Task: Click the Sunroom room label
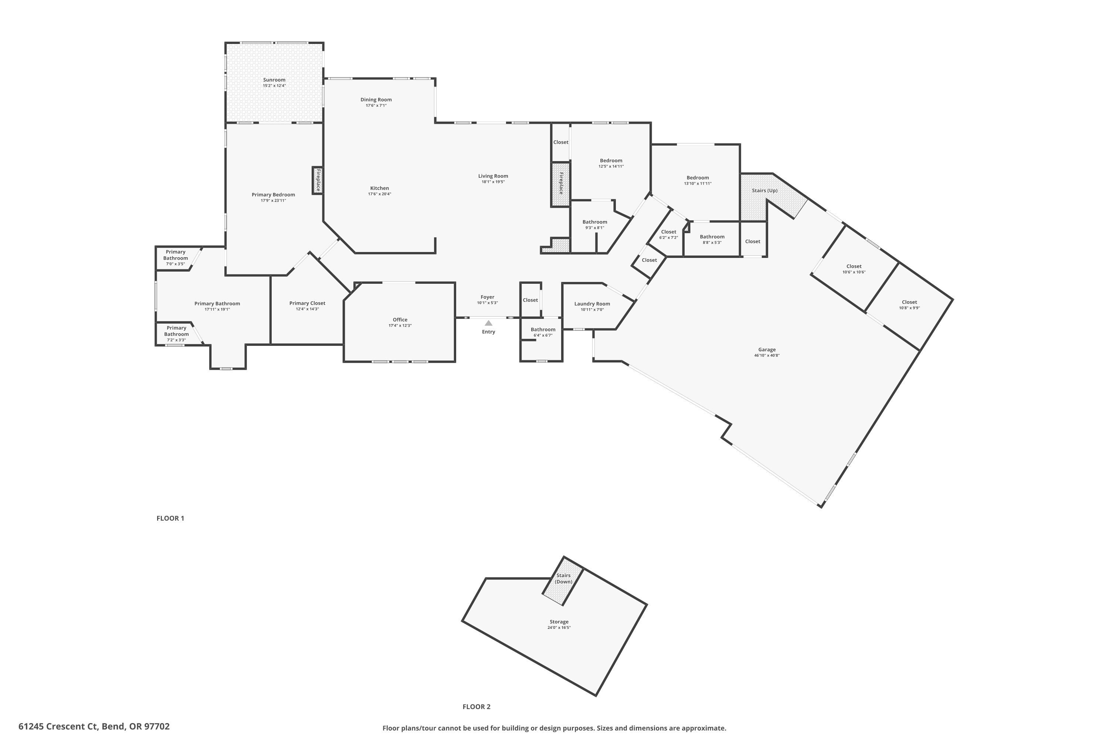274,80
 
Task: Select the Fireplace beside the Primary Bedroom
318,180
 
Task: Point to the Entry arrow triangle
488,323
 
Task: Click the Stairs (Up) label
764,190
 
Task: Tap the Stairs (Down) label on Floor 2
563,578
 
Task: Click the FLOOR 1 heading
170,518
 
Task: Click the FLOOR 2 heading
476,706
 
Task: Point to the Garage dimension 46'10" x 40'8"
767,355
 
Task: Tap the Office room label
400,320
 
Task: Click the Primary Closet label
307,303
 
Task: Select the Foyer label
487,297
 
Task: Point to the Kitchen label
379,188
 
